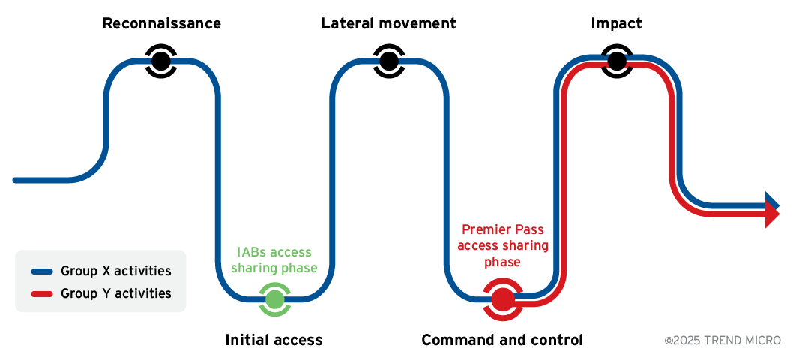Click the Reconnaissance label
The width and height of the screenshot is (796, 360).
pyautogui.click(x=161, y=23)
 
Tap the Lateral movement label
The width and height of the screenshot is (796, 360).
pyautogui.click(x=388, y=23)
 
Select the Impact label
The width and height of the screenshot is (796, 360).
pyautogui.click(x=616, y=23)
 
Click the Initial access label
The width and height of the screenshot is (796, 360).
pyautogui.click(x=274, y=340)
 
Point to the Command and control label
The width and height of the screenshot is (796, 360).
pyautogui.click(x=501, y=340)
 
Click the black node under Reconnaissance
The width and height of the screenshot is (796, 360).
pyautogui.click(x=161, y=61)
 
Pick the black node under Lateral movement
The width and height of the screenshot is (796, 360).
pyautogui.click(x=388, y=61)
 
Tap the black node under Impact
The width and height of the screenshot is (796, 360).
pyautogui.click(x=616, y=61)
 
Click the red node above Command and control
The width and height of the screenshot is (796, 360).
pyautogui.click(x=502, y=298)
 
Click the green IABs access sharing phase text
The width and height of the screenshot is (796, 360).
pyautogui.click(x=274, y=259)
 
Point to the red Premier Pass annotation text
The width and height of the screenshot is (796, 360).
pyautogui.click(x=502, y=245)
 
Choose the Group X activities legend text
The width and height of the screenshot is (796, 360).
pyautogui.click(x=115, y=271)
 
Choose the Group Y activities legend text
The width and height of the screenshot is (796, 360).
pyautogui.click(x=115, y=293)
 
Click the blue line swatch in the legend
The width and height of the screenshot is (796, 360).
pyautogui.click(x=41, y=271)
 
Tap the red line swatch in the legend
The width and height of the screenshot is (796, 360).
pyautogui.click(x=41, y=294)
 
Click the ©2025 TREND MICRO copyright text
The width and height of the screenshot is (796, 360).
pyautogui.click(x=723, y=340)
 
